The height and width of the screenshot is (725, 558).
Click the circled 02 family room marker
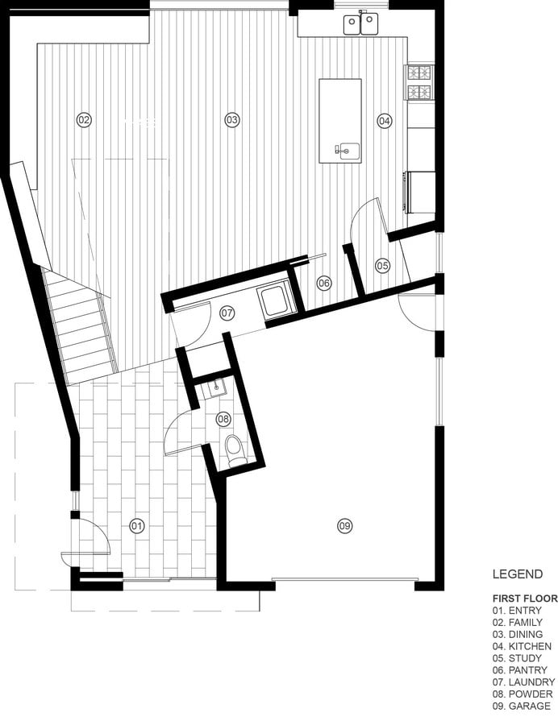click(x=84, y=120)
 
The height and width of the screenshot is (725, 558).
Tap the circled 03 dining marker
click(x=231, y=120)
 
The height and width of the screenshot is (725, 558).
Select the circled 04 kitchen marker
click(x=384, y=121)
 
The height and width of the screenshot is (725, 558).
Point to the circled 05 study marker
click(x=383, y=266)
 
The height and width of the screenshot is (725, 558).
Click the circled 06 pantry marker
click(x=324, y=283)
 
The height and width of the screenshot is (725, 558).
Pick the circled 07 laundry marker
click(x=227, y=313)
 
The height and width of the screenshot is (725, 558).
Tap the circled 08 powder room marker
click(x=223, y=420)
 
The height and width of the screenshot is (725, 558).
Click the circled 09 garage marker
click(x=344, y=526)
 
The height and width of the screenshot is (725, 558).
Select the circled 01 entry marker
click(x=137, y=526)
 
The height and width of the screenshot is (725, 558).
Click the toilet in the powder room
click(x=235, y=450)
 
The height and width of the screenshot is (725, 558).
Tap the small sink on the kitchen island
click(x=348, y=151)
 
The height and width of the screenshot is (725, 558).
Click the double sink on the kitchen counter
click(x=360, y=23)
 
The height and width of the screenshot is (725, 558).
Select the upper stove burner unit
click(x=419, y=72)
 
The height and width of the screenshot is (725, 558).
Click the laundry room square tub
click(x=274, y=301)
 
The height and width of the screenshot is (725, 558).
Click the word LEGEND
click(x=518, y=574)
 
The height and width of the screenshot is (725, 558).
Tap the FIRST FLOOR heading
click(x=525, y=599)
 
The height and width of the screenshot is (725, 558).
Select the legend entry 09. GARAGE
click(x=522, y=706)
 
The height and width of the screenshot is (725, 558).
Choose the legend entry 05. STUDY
click(x=517, y=658)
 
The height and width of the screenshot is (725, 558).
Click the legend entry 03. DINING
click(x=518, y=635)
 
